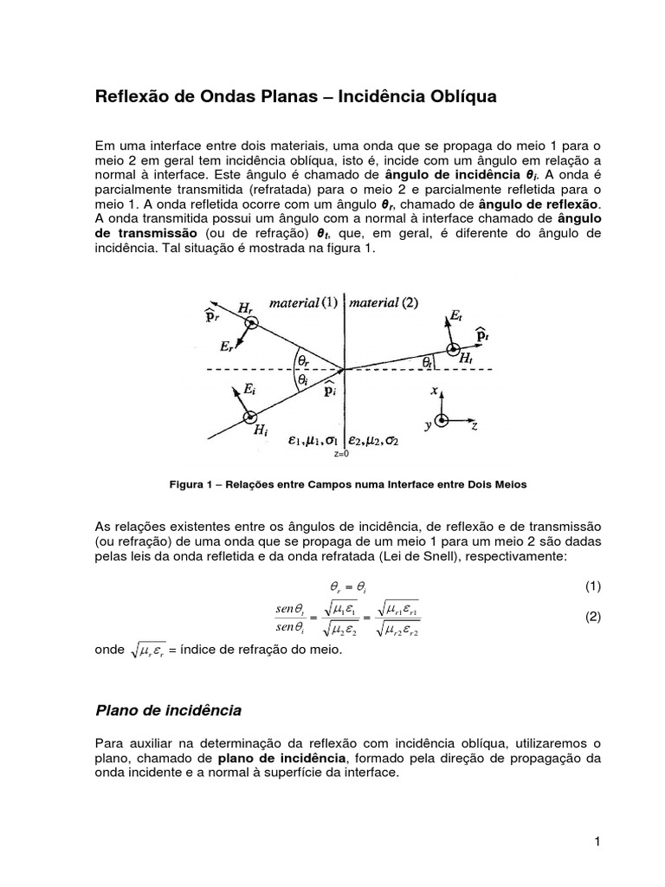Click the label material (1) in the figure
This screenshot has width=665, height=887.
pyautogui.click(x=305, y=302)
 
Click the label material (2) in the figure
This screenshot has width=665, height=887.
pyautogui.click(x=383, y=302)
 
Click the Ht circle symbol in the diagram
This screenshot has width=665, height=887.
pyautogui.click(x=452, y=350)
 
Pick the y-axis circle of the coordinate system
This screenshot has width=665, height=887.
pyautogui.click(x=442, y=420)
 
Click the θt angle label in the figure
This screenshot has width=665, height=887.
pyautogui.click(x=428, y=362)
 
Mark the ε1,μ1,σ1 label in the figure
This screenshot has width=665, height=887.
pyautogui.click(x=312, y=440)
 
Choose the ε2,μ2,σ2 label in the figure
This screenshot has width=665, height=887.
pyautogui.click(x=374, y=440)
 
